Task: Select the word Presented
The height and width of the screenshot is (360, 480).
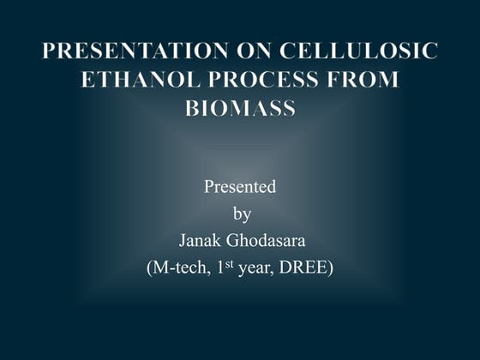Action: (239, 187)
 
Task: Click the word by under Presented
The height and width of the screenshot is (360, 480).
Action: (242, 213)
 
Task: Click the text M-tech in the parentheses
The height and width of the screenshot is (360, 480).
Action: (180, 268)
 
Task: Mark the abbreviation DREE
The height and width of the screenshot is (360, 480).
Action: (303, 268)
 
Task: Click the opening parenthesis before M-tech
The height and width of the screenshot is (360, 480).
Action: (150, 268)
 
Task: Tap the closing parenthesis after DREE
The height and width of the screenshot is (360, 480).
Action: (331, 268)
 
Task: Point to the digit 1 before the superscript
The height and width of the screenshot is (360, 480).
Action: (219, 268)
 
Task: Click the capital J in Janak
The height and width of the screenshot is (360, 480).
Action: (181, 241)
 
